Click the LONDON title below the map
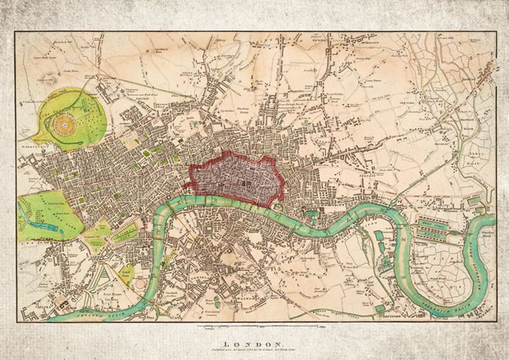tap(253, 344)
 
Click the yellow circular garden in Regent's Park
tap(65, 124)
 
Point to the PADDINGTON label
tap(32, 146)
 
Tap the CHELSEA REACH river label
tap(85, 315)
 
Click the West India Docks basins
tap(431, 229)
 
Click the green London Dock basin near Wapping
tap(312, 214)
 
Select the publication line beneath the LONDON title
tap(253, 351)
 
